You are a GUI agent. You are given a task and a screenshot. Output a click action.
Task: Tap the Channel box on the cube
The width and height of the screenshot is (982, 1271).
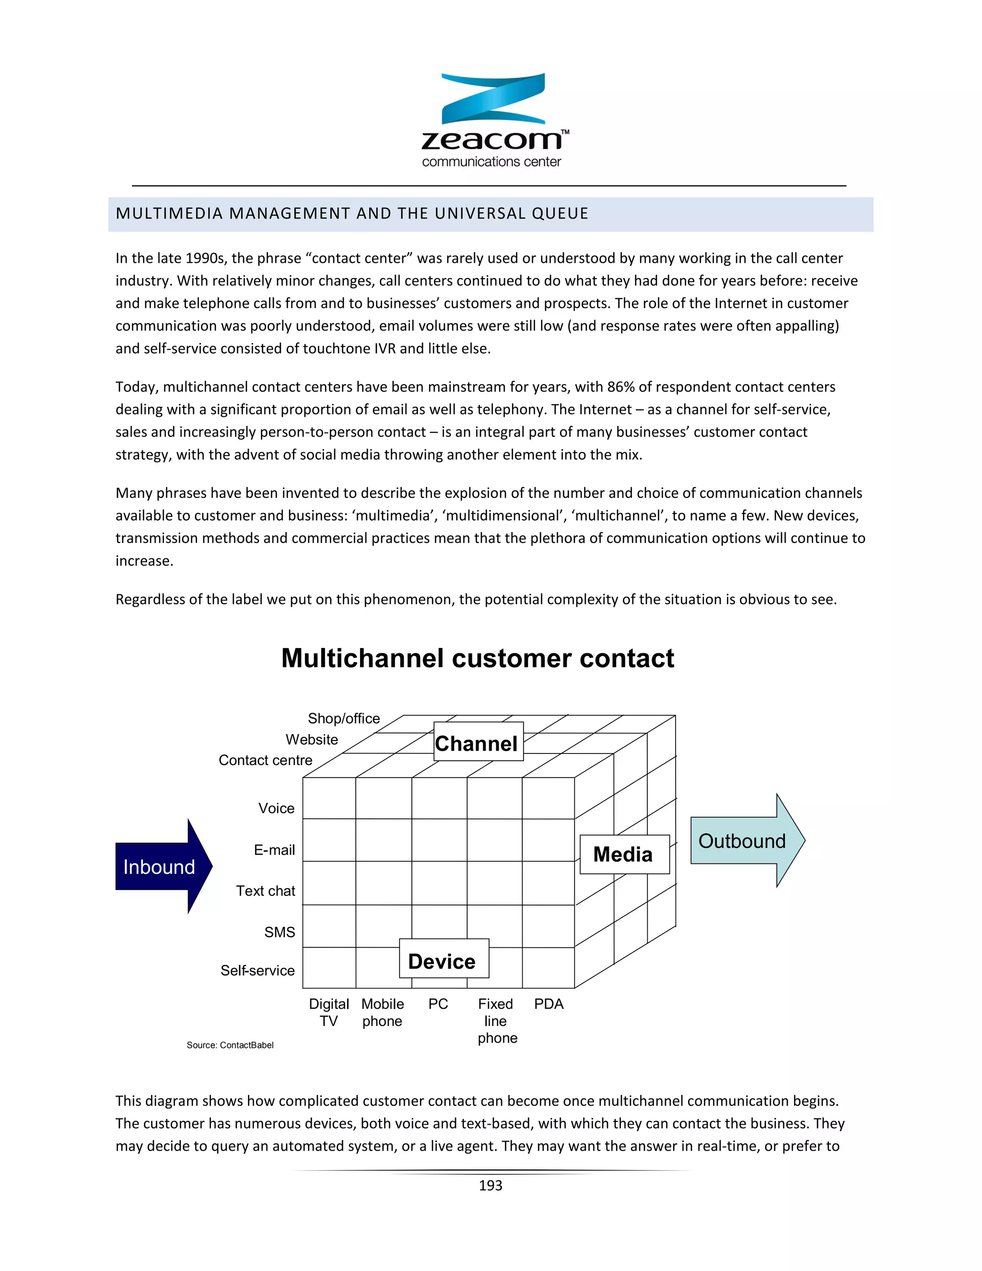point(478,742)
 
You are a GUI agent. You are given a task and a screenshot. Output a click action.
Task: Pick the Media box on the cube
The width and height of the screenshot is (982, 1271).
point(624,854)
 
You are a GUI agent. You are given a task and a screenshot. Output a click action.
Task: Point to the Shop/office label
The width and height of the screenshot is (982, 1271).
point(344,719)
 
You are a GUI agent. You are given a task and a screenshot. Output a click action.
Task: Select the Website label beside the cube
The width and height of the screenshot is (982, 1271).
point(312,740)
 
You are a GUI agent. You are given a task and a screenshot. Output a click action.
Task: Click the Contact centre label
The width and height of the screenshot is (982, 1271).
point(265,761)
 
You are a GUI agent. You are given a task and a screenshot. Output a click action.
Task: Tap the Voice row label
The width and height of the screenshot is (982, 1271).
point(276,808)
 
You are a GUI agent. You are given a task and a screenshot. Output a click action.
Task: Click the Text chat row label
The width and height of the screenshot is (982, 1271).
point(265,891)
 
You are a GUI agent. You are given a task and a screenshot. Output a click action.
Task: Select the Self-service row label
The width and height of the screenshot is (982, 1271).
point(257,971)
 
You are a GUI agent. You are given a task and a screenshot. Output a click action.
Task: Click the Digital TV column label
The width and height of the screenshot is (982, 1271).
point(328,1012)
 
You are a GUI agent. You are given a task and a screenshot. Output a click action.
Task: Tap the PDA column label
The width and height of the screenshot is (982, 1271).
point(549,1004)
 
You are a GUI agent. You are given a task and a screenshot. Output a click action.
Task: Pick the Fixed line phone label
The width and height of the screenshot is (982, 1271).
point(496,1021)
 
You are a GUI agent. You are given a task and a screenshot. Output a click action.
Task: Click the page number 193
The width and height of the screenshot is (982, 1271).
point(491,1186)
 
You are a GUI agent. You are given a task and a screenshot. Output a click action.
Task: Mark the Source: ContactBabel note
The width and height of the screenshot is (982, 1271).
point(230,1045)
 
